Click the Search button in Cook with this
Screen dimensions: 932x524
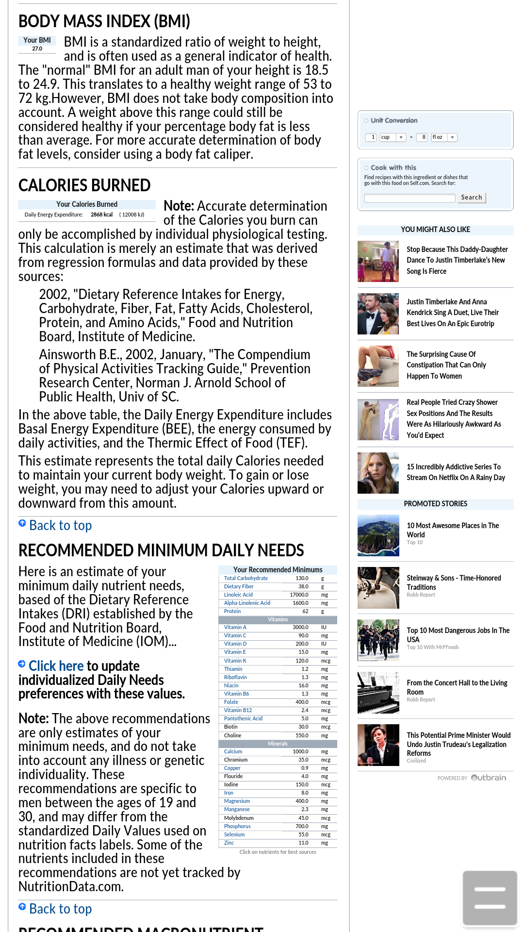(x=472, y=198)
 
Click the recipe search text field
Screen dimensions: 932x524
(x=409, y=198)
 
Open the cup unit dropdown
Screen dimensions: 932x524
(x=401, y=137)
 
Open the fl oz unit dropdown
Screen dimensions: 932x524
(x=452, y=137)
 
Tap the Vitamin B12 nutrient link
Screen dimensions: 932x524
(x=238, y=710)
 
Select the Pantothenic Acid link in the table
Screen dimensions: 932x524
(x=243, y=718)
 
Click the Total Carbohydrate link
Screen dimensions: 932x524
(x=246, y=578)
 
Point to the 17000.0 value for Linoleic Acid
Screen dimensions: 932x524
(x=299, y=595)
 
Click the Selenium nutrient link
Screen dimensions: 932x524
(x=234, y=834)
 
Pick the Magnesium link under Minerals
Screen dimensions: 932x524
(x=237, y=801)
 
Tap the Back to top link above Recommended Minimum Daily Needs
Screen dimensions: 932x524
(x=60, y=525)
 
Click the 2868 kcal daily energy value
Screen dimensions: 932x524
(x=101, y=215)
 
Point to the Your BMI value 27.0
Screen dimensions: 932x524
(x=37, y=49)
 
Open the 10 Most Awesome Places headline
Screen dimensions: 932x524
(x=452, y=530)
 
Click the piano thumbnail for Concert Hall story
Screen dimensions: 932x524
(x=378, y=692)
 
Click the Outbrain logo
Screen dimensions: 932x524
(x=489, y=778)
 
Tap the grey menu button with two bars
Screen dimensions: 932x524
(x=490, y=898)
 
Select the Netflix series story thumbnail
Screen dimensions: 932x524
(x=378, y=473)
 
